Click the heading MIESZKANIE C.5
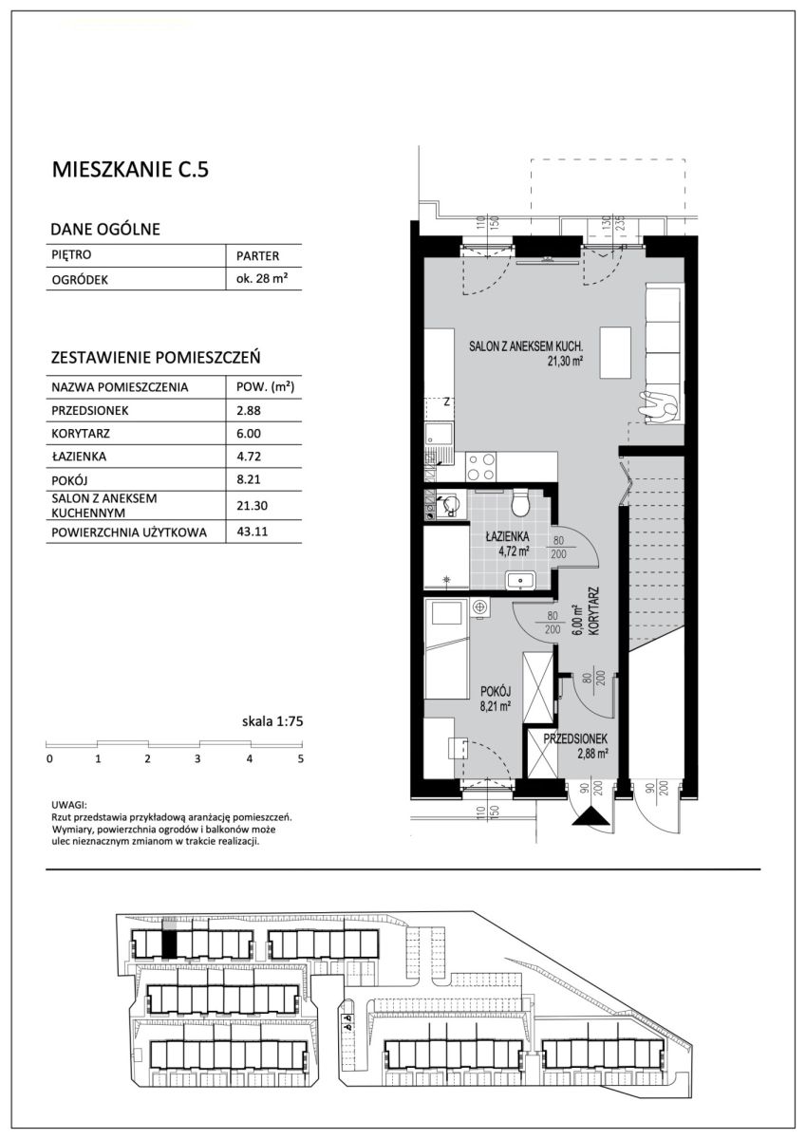point(130,169)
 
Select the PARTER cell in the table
point(258,255)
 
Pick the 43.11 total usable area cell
point(249,532)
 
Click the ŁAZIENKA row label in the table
point(79,457)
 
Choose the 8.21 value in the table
point(249,479)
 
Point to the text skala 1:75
point(272,720)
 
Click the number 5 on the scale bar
point(301,759)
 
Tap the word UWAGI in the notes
point(69,806)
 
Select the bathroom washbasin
point(519,580)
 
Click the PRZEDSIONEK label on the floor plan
point(574,738)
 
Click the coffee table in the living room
point(615,352)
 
